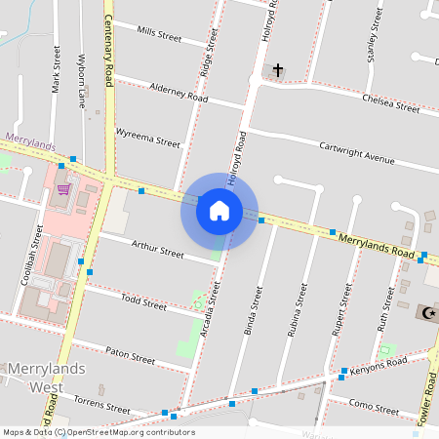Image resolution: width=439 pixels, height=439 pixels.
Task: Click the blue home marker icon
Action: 219,210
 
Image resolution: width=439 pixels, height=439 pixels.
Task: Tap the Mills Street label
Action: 160,34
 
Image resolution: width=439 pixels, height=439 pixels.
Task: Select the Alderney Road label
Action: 179,92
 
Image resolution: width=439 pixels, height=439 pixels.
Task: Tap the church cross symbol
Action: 278,70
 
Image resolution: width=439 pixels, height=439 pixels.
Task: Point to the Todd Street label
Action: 143,303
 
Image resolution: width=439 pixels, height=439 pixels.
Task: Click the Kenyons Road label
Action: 380,363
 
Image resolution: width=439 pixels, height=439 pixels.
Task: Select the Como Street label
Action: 375,403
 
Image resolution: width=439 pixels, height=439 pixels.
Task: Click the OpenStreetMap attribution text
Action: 98,432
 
